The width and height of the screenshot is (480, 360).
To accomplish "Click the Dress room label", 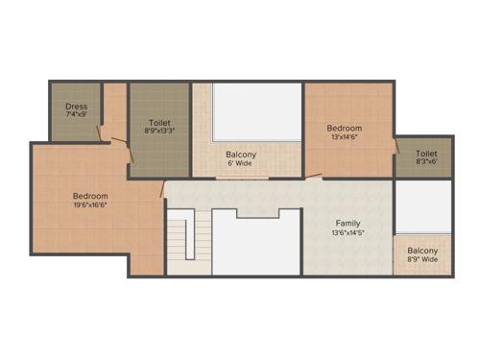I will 76,106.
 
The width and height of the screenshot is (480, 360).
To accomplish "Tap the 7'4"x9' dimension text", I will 76,114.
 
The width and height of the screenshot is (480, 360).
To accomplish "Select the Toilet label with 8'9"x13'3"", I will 159,122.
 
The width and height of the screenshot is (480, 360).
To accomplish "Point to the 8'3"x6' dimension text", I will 426,161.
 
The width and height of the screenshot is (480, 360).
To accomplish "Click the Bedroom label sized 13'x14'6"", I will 344,128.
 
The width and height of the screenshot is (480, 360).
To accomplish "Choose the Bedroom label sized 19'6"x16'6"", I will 90,196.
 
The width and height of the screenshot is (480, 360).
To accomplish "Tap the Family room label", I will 348,223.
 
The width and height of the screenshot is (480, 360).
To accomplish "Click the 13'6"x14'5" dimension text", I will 348,232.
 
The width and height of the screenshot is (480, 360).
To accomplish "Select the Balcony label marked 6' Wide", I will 240,154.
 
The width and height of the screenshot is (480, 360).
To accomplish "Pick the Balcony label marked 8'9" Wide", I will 422,251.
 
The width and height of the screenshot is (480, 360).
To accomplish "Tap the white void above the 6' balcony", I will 256,111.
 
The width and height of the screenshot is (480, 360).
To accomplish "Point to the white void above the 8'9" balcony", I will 422,205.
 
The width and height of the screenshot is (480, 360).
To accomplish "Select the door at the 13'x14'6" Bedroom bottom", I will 313,177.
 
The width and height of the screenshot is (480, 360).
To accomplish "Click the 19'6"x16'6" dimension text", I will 90,205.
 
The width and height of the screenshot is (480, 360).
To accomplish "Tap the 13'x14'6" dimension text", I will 344,137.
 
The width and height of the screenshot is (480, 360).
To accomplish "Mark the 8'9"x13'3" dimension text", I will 159,131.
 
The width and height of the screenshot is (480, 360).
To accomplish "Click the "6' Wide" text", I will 240,163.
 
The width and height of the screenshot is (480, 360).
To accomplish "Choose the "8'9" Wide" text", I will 422,259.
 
